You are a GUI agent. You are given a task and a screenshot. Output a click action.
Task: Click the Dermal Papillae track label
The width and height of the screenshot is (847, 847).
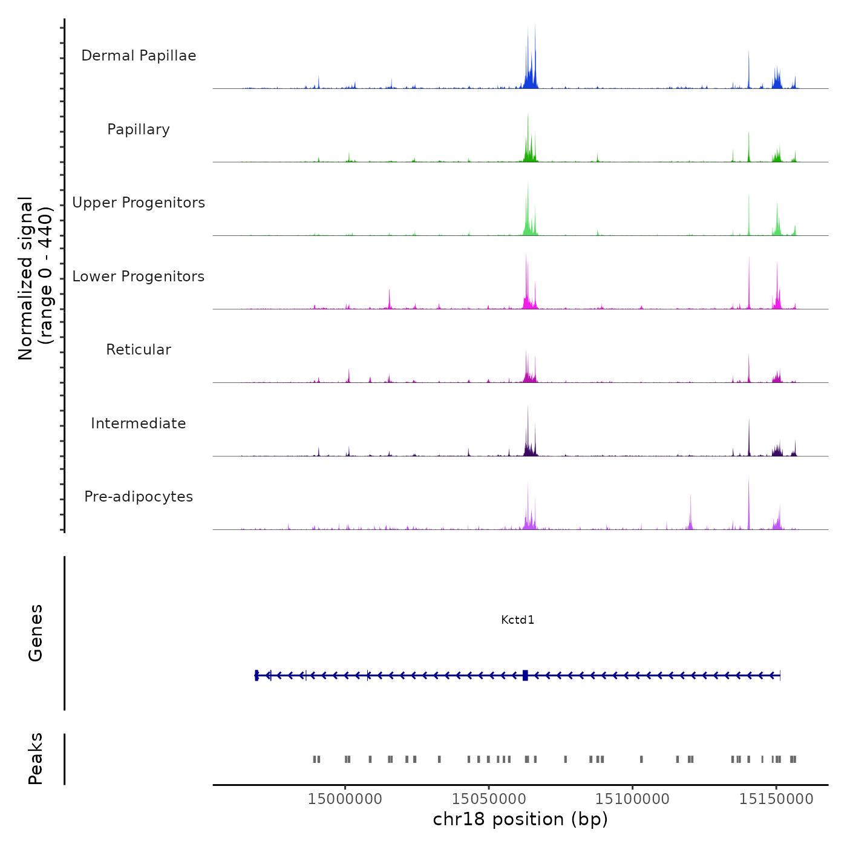[139, 56]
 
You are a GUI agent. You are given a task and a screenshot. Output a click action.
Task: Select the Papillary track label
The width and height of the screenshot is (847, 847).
[139, 129]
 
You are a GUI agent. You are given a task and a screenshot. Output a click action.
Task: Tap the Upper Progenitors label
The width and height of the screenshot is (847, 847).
[139, 203]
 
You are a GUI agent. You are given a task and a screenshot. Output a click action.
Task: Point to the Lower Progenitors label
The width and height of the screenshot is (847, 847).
[139, 276]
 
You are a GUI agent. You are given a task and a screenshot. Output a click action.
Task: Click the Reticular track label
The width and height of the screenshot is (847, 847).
[139, 350]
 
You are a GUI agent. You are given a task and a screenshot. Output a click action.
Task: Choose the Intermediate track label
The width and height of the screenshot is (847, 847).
[139, 423]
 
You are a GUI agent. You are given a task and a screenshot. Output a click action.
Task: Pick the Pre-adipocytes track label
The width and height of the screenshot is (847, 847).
[139, 497]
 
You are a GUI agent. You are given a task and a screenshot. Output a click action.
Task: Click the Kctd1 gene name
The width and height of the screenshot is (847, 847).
[518, 620]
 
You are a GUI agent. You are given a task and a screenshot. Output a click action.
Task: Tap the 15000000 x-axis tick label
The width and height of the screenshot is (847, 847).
[345, 799]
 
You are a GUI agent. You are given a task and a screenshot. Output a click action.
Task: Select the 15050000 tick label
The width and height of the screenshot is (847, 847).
[489, 799]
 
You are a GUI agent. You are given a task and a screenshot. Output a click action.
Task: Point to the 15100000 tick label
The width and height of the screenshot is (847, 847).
[633, 799]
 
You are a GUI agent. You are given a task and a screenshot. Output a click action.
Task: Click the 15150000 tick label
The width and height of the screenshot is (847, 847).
[777, 799]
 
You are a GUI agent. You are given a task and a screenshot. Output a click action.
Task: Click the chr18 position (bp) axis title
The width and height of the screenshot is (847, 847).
[520, 819]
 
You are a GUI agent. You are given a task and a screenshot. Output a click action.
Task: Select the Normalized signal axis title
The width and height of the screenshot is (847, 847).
[35, 278]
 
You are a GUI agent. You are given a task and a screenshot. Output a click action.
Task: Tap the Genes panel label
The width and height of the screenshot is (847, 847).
[36, 633]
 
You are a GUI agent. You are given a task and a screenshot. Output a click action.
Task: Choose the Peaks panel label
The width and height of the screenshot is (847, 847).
[36, 759]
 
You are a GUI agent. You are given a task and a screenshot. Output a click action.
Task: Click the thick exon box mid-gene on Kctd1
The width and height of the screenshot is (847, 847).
[525, 675]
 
